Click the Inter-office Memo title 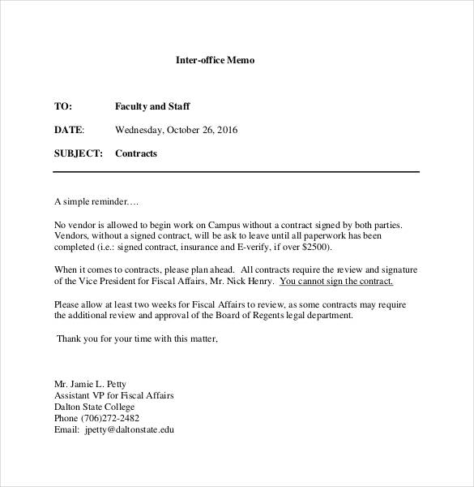pyautogui.click(x=215, y=60)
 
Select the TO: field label pyautogui.click(x=63, y=106)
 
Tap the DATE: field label pyautogui.click(x=69, y=130)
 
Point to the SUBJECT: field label pyautogui.click(x=78, y=153)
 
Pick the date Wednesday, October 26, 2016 pyautogui.click(x=177, y=130)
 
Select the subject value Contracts pyautogui.click(x=136, y=153)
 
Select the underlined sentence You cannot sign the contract pyautogui.click(x=336, y=282)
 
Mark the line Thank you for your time pyautogui.click(x=137, y=338)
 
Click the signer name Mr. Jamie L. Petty pyautogui.click(x=90, y=384)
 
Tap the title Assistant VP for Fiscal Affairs pyautogui.click(x=114, y=395)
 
